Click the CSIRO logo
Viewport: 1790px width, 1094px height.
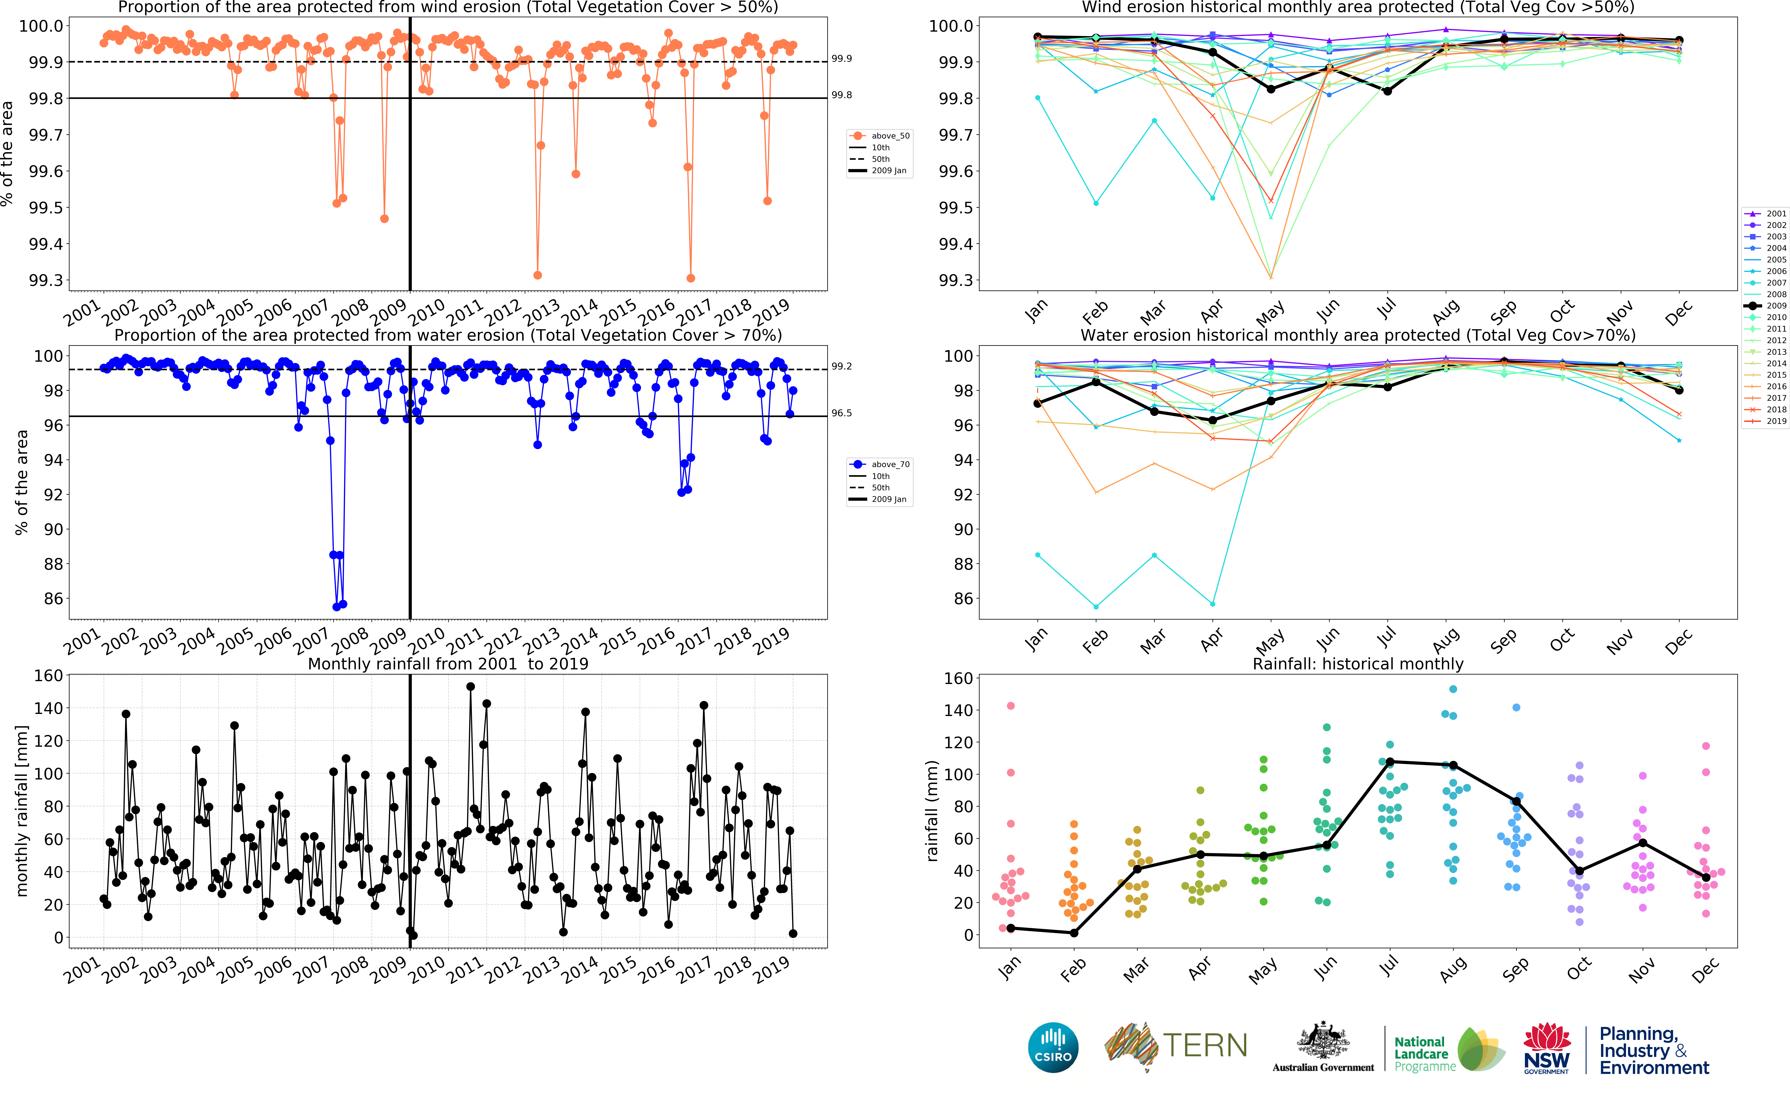pos(1053,1047)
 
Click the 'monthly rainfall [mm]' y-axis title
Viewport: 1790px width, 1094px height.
pos(22,811)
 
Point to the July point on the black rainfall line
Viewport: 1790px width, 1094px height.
pos(1390,762)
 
